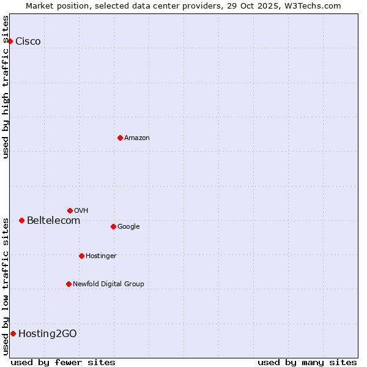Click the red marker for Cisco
click(10, 41)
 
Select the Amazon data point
click(120, 138)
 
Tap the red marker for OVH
click(70, 210)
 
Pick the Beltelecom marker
click(21, 220)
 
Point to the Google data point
click(113, 226)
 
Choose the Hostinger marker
click(81, 256)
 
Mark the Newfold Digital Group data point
click(69, 284)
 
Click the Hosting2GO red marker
click(13, 333)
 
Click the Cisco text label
click(28, 42)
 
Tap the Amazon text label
click(137, 138)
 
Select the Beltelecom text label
click(53, 221)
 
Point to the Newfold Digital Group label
click(108, 284)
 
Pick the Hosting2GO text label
click(48, 334)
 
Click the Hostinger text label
click(101, 256)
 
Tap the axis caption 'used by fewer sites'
click(63, 362)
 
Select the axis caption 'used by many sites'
click(307, 362)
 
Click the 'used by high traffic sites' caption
click(6, 86)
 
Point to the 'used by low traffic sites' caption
click(6, 286)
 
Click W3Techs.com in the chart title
click(314, 6)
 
